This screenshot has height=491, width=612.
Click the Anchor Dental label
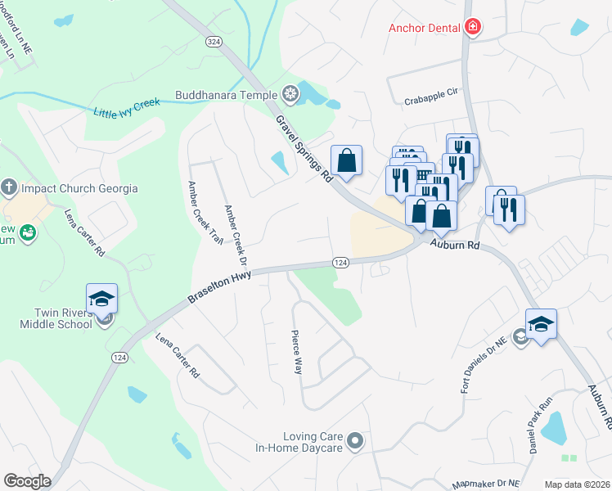pos(424,29)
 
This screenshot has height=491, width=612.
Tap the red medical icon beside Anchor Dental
pos(472,28)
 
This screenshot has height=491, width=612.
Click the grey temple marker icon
pos(290,92)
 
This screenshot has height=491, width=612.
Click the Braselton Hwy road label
pos(219,287)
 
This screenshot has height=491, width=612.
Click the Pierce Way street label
pos(296,352)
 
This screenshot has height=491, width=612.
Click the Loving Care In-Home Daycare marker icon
pos(355,442)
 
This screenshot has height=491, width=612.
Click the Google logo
pos(27,481)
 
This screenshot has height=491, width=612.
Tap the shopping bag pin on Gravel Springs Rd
pos(346,160)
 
